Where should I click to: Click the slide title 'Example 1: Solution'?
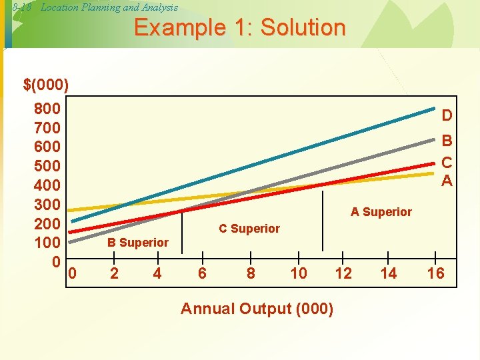[x=240, y=28]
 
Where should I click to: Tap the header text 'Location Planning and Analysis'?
[x=109, y=7]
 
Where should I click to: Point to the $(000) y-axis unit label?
[x=45, y=85]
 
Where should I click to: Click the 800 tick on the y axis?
[x=47, y=109]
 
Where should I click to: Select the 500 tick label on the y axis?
[x=47, y=165]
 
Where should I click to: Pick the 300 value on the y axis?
[x=47, y=203]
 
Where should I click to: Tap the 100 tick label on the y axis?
[x=47, y=241]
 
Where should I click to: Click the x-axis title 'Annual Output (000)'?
[x=257, y=309]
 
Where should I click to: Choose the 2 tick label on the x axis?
[x=115, y=273]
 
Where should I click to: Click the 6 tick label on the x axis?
[x=202, y=273]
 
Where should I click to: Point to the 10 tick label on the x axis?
[x=299, y=273]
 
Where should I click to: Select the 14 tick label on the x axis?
[x=388, y=273]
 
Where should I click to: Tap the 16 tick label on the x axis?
[x=435, y=273]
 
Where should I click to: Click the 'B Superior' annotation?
[x=138, y=243]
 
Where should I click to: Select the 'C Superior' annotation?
[x=249, y=229]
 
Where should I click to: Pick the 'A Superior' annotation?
[x=381, y=212]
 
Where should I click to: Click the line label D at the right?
[x=447, y=116]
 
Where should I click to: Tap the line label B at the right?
[x=447, y=141]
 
